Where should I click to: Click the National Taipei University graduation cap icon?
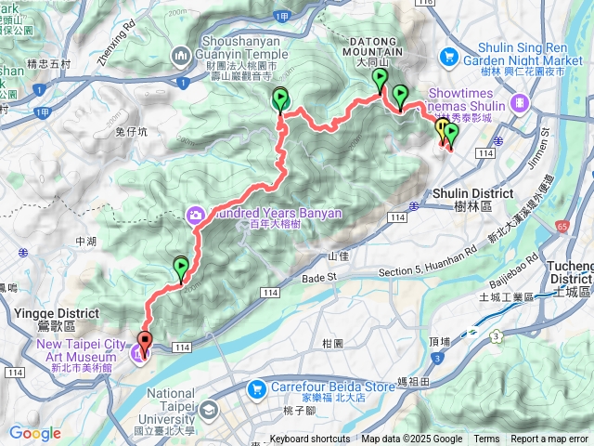[x=211, y=409]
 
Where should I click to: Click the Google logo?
[x=34, y=433]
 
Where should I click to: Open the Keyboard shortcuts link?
[x=310, y=439]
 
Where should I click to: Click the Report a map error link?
[x=549, y=439]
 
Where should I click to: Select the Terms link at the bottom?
[x=486, y=439]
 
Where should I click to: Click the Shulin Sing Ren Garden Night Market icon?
[x=449, y=57]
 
